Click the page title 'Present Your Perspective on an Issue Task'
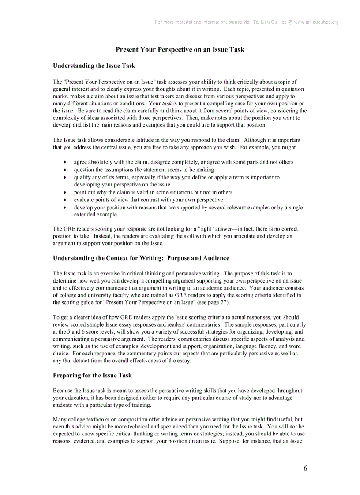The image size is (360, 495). (180, 49)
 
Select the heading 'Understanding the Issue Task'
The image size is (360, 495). (94, 66)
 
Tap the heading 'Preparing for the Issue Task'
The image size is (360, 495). (92, 375)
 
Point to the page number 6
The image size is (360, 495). (305, 468)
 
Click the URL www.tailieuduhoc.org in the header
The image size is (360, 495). (316, 22)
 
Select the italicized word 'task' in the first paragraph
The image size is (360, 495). (167, 104)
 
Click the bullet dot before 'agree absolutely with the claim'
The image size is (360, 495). (65, 162)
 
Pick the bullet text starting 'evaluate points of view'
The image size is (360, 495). (148, 200)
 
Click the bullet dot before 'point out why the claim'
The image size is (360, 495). (65, 193)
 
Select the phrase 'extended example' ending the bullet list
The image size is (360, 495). (95, 215)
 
